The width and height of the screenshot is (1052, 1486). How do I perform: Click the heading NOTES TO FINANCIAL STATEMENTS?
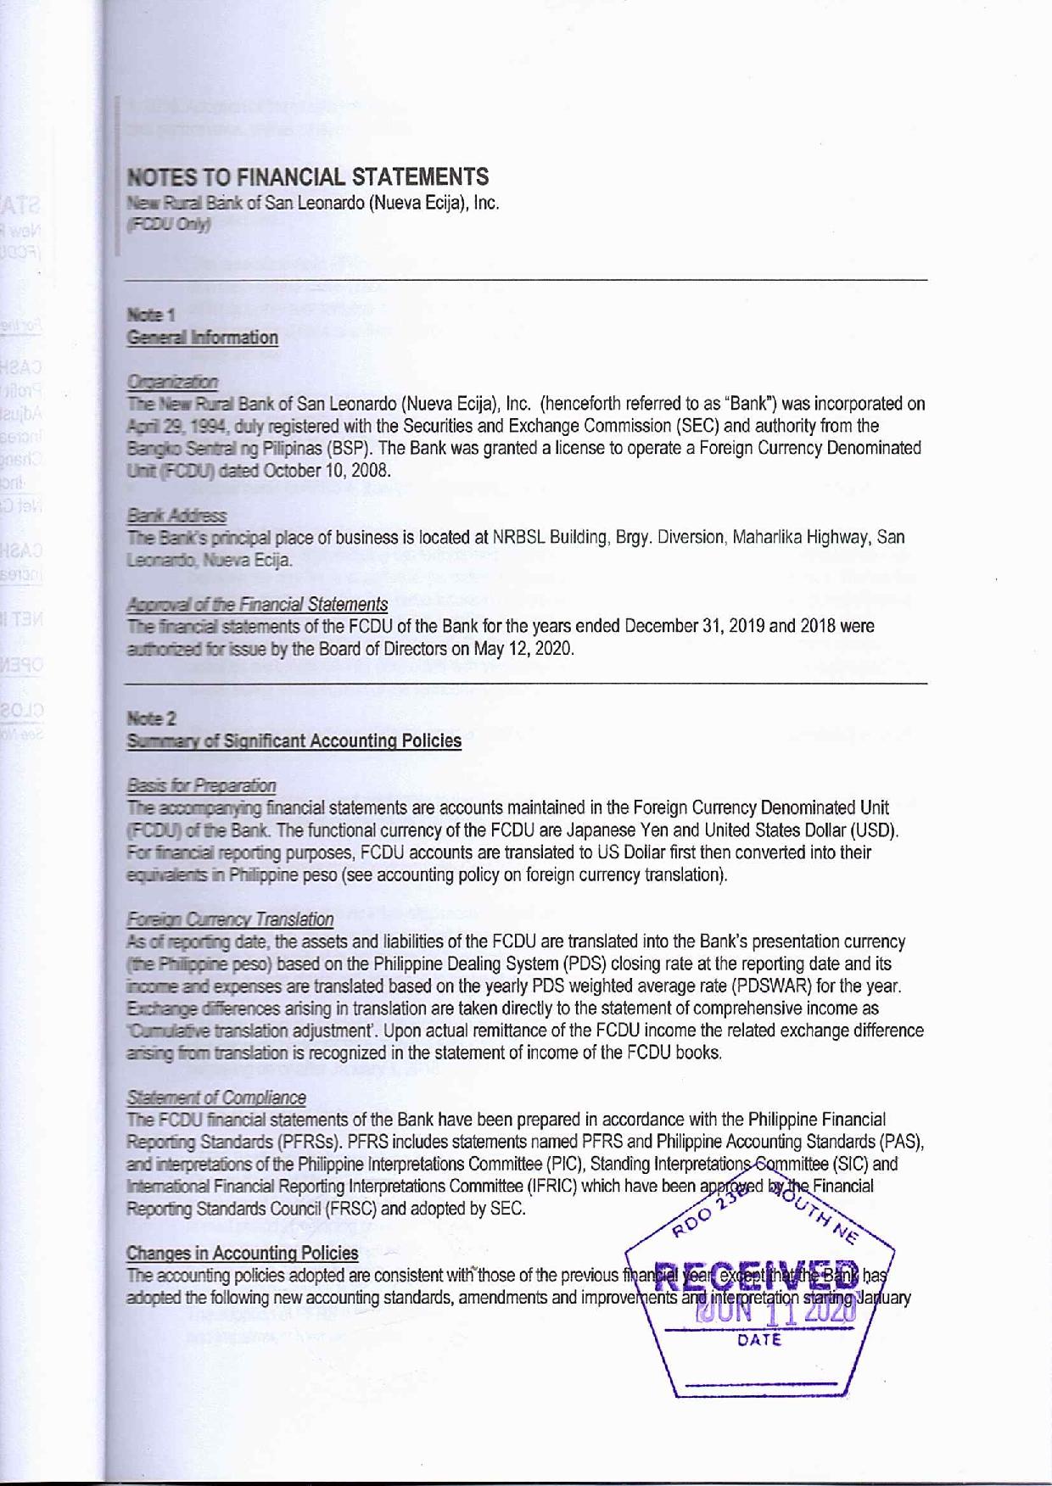(308, 177)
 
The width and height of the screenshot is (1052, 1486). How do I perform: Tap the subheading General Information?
(202, 338)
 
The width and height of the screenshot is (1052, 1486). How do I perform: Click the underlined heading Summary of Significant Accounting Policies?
(294, 741)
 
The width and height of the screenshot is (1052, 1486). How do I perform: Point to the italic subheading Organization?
(171, 383)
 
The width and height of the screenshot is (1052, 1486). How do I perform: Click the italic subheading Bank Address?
(176, 516)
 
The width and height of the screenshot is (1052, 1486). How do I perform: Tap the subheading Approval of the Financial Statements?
(257, 605)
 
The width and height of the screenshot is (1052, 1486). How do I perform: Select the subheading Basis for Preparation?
(201, 785)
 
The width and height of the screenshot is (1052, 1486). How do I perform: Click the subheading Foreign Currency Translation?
(230, 919)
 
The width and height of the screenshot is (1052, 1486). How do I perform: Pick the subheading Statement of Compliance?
(215, 1098)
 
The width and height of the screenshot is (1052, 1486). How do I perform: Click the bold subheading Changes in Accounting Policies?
(242, 1253)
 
